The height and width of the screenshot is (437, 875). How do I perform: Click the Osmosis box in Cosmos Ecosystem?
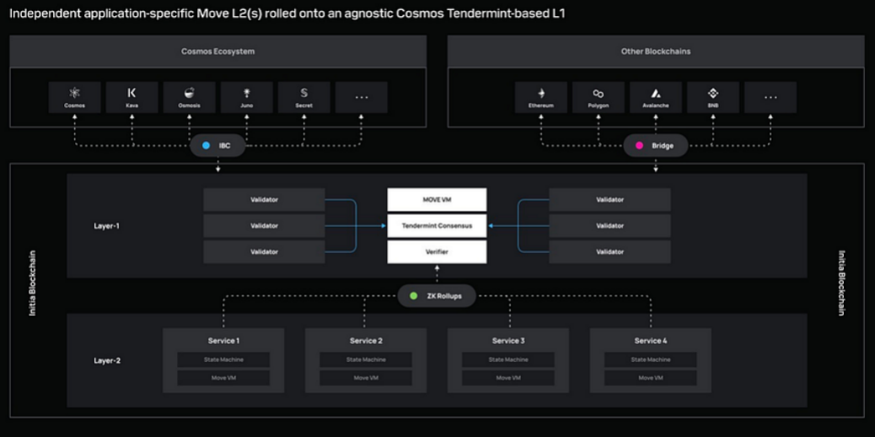[189, 97]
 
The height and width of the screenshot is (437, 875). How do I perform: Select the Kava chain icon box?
[132, 97]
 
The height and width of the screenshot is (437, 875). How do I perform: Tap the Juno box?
[247, 97]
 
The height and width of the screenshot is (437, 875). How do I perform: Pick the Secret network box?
[304, 97]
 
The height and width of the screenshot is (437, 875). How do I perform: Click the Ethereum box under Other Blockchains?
[541, 97]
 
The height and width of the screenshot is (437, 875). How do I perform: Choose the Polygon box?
[599, 97]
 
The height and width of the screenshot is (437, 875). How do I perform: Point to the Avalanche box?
[655, 97]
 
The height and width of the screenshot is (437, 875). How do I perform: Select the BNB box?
[712, 97]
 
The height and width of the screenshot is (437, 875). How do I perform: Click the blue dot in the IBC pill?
[206, 145]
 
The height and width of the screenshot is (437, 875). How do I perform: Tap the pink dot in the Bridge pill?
[639, 145]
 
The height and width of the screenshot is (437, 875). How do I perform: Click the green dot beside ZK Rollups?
[413, 296]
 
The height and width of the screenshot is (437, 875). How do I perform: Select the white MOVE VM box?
[437, 200]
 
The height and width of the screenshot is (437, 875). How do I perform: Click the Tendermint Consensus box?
[437, 225]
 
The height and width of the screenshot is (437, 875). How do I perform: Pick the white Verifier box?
[437, 251]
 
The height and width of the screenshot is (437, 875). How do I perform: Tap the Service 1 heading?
[223, 341]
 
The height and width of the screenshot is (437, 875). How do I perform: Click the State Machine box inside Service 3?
[508, 359]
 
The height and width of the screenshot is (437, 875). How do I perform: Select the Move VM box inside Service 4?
[650, 377]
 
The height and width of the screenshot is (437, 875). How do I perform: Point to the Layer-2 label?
[107, 360]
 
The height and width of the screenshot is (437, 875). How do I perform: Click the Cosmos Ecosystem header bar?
[217, 51]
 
